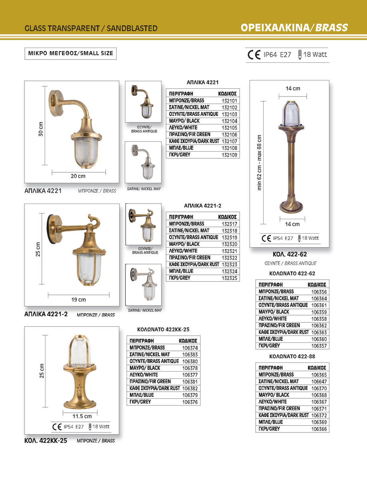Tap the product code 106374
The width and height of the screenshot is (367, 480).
[x=190, y=348]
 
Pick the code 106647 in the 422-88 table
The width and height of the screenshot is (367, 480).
[x=319, y=381]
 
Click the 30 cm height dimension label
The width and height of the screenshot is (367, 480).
[x=41, y=129]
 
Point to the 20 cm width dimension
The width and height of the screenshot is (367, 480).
[x=78, y=176]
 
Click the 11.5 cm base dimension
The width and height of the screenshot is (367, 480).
[x=82, y=416]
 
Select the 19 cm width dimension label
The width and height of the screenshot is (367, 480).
[x=78, y=300]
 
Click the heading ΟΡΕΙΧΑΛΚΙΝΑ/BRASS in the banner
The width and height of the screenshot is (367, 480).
[x=294, y=28]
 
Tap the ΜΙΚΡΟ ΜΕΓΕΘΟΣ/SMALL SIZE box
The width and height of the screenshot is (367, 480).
[x=71, y=53]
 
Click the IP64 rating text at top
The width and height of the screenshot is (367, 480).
[x=270, y=55]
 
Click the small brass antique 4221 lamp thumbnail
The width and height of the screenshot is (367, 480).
[x=144, y=102]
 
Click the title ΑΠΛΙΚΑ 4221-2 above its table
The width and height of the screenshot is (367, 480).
[x=202, y=205]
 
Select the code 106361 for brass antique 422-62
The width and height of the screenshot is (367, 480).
[x=319, y=305]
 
